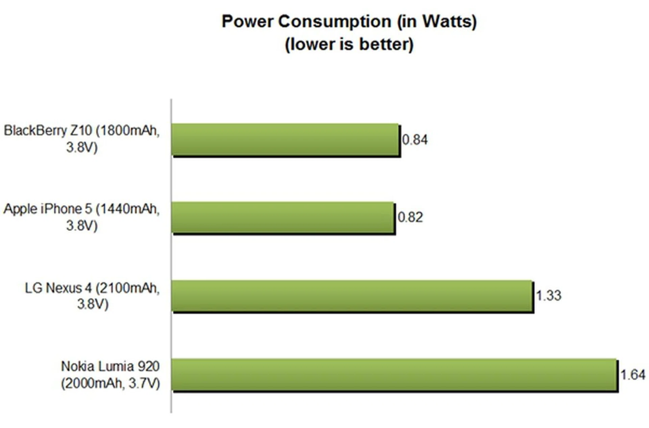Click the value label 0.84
point(415,140)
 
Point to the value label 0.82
point(410,217)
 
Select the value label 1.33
point(549,296)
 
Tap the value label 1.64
point(633,375)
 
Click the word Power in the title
point(247,22)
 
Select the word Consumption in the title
point(335,22)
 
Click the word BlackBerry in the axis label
point(35,130)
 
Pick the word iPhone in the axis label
point(66,209)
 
